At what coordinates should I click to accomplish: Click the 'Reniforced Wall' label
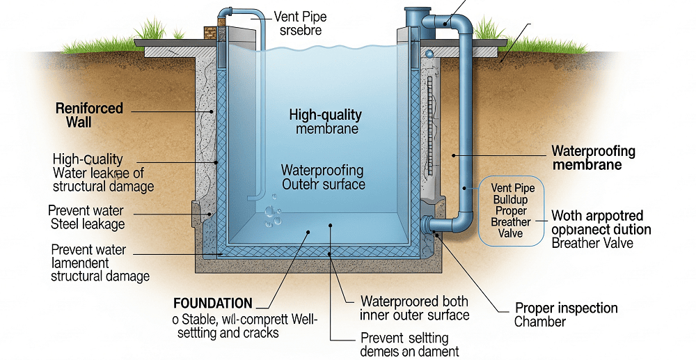[89, 116]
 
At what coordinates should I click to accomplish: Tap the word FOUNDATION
[213, 303]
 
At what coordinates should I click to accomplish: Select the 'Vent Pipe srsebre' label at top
[301, 23]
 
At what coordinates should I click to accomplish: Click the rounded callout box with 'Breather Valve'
[511, 210]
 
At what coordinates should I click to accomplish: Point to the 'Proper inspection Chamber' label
[566, 315]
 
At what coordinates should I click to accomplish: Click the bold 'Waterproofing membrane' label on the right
[593, 157]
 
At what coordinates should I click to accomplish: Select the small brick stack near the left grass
[209, 33]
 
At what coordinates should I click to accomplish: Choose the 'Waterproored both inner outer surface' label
[414, 308]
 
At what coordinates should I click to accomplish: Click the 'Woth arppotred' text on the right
[597, 215]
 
